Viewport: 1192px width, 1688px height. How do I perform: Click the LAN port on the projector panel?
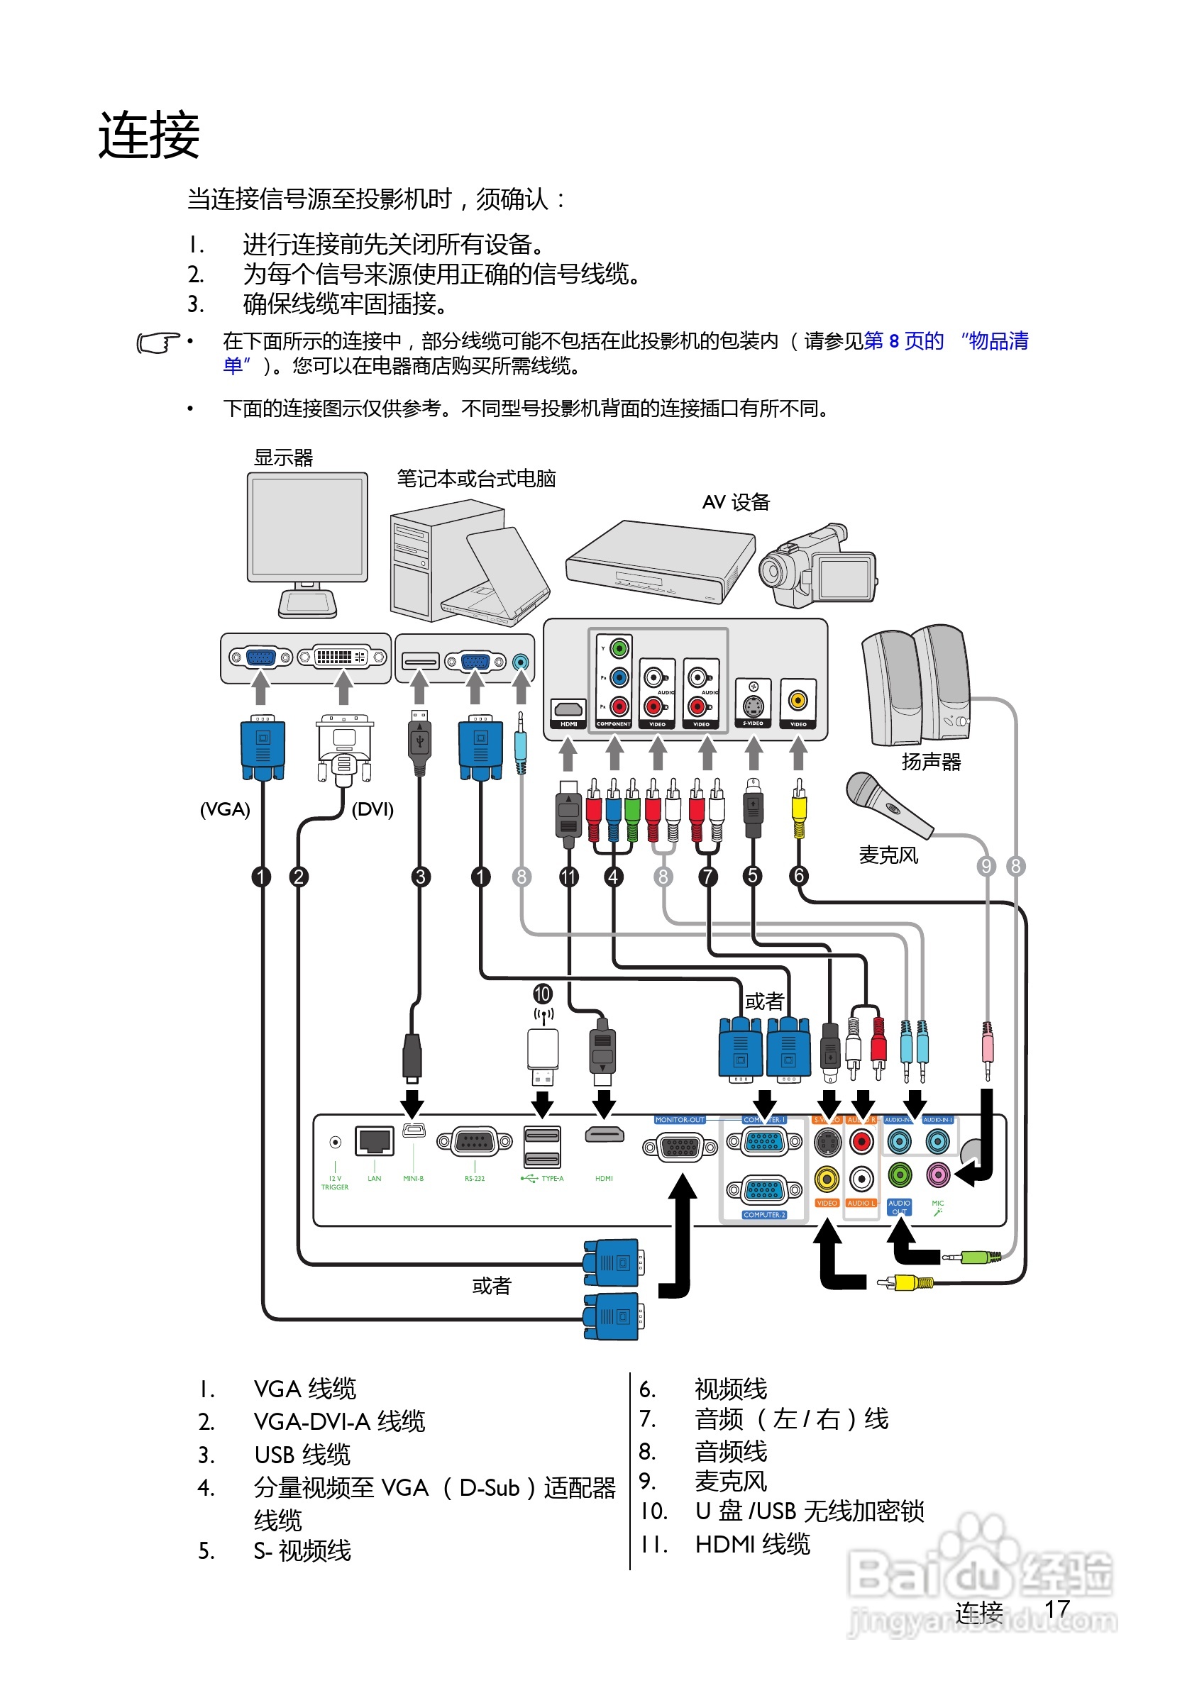coord(375,1140)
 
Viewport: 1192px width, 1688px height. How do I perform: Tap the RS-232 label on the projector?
coord(474,1179)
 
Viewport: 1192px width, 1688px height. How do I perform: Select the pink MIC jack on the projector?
coord(937,1174)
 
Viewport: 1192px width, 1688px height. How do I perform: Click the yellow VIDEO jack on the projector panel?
coord(827,1179)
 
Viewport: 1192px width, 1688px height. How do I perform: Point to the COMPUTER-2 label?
coord(764,1215)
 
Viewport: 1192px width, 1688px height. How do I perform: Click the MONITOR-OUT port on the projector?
coord(680,1146)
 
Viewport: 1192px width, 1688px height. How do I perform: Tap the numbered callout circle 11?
coord(568,877)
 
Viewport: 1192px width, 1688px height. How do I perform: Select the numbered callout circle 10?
coord(543,994)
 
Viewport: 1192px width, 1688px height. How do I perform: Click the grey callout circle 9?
coord(986,866)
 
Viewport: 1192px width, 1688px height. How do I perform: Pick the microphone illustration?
coord(886,803)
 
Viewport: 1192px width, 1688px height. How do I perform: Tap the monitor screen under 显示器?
coord(307,526)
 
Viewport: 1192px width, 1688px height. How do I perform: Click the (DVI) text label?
coord(372,809)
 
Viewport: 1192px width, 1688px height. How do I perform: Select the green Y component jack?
coord(619,648)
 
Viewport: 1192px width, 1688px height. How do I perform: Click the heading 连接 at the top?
coord(149,135)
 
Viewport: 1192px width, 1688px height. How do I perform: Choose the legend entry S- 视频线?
coord(302,1550)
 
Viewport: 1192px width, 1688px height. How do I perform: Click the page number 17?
coord(1056,1609)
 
